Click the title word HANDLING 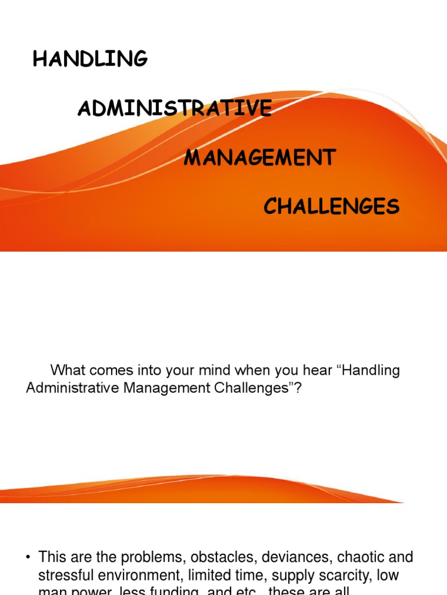(90, 59)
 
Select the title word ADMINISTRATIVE (175, 109)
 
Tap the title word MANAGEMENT (260, 157)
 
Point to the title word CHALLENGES (331, 206)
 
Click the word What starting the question (68, 371)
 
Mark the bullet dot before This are (27, 558)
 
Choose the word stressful (64, 575)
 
